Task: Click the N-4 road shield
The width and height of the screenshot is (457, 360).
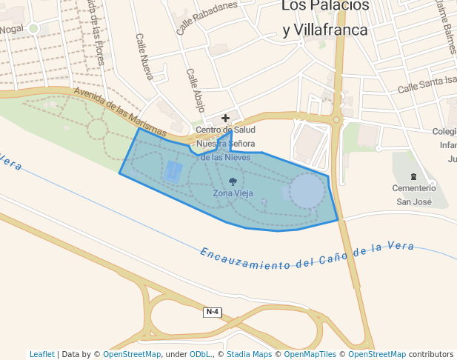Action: pyautogui.click(x=213, y=312)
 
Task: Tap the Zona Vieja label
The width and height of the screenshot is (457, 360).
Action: pyautogui.click(x=233, y=193)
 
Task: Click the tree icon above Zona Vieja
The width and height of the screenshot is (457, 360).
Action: pyautogui.click(x=233, y=181)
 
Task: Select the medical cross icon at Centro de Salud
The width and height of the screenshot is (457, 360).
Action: pyautogui.click(x=226, y=118)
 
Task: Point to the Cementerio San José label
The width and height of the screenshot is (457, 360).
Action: pyautogui.click(x=413, y=195)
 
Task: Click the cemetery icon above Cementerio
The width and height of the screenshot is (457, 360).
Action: pyautogui.click(x=413, y=176)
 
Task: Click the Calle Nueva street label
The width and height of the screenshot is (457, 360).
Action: pyautogui.click(x=144, y=56)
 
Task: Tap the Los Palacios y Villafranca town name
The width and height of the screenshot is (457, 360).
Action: pyautogui.click(x=325, y=18)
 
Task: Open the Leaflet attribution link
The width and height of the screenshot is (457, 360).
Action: pyautogui.click(x=42, y=354)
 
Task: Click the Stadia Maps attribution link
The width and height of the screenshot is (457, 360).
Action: pyautogui.click(x=249, y=354)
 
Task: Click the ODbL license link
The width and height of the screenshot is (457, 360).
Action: pyautogui.click(x=201, y=354)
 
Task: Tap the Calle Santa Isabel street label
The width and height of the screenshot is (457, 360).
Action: pyautogui.click(x=427, y=84)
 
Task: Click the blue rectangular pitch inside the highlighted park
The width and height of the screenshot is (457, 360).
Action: pyautogui.click(x=173, y=172)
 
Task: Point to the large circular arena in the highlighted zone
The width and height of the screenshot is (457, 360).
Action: pyautogui.click(x=306, y=190)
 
